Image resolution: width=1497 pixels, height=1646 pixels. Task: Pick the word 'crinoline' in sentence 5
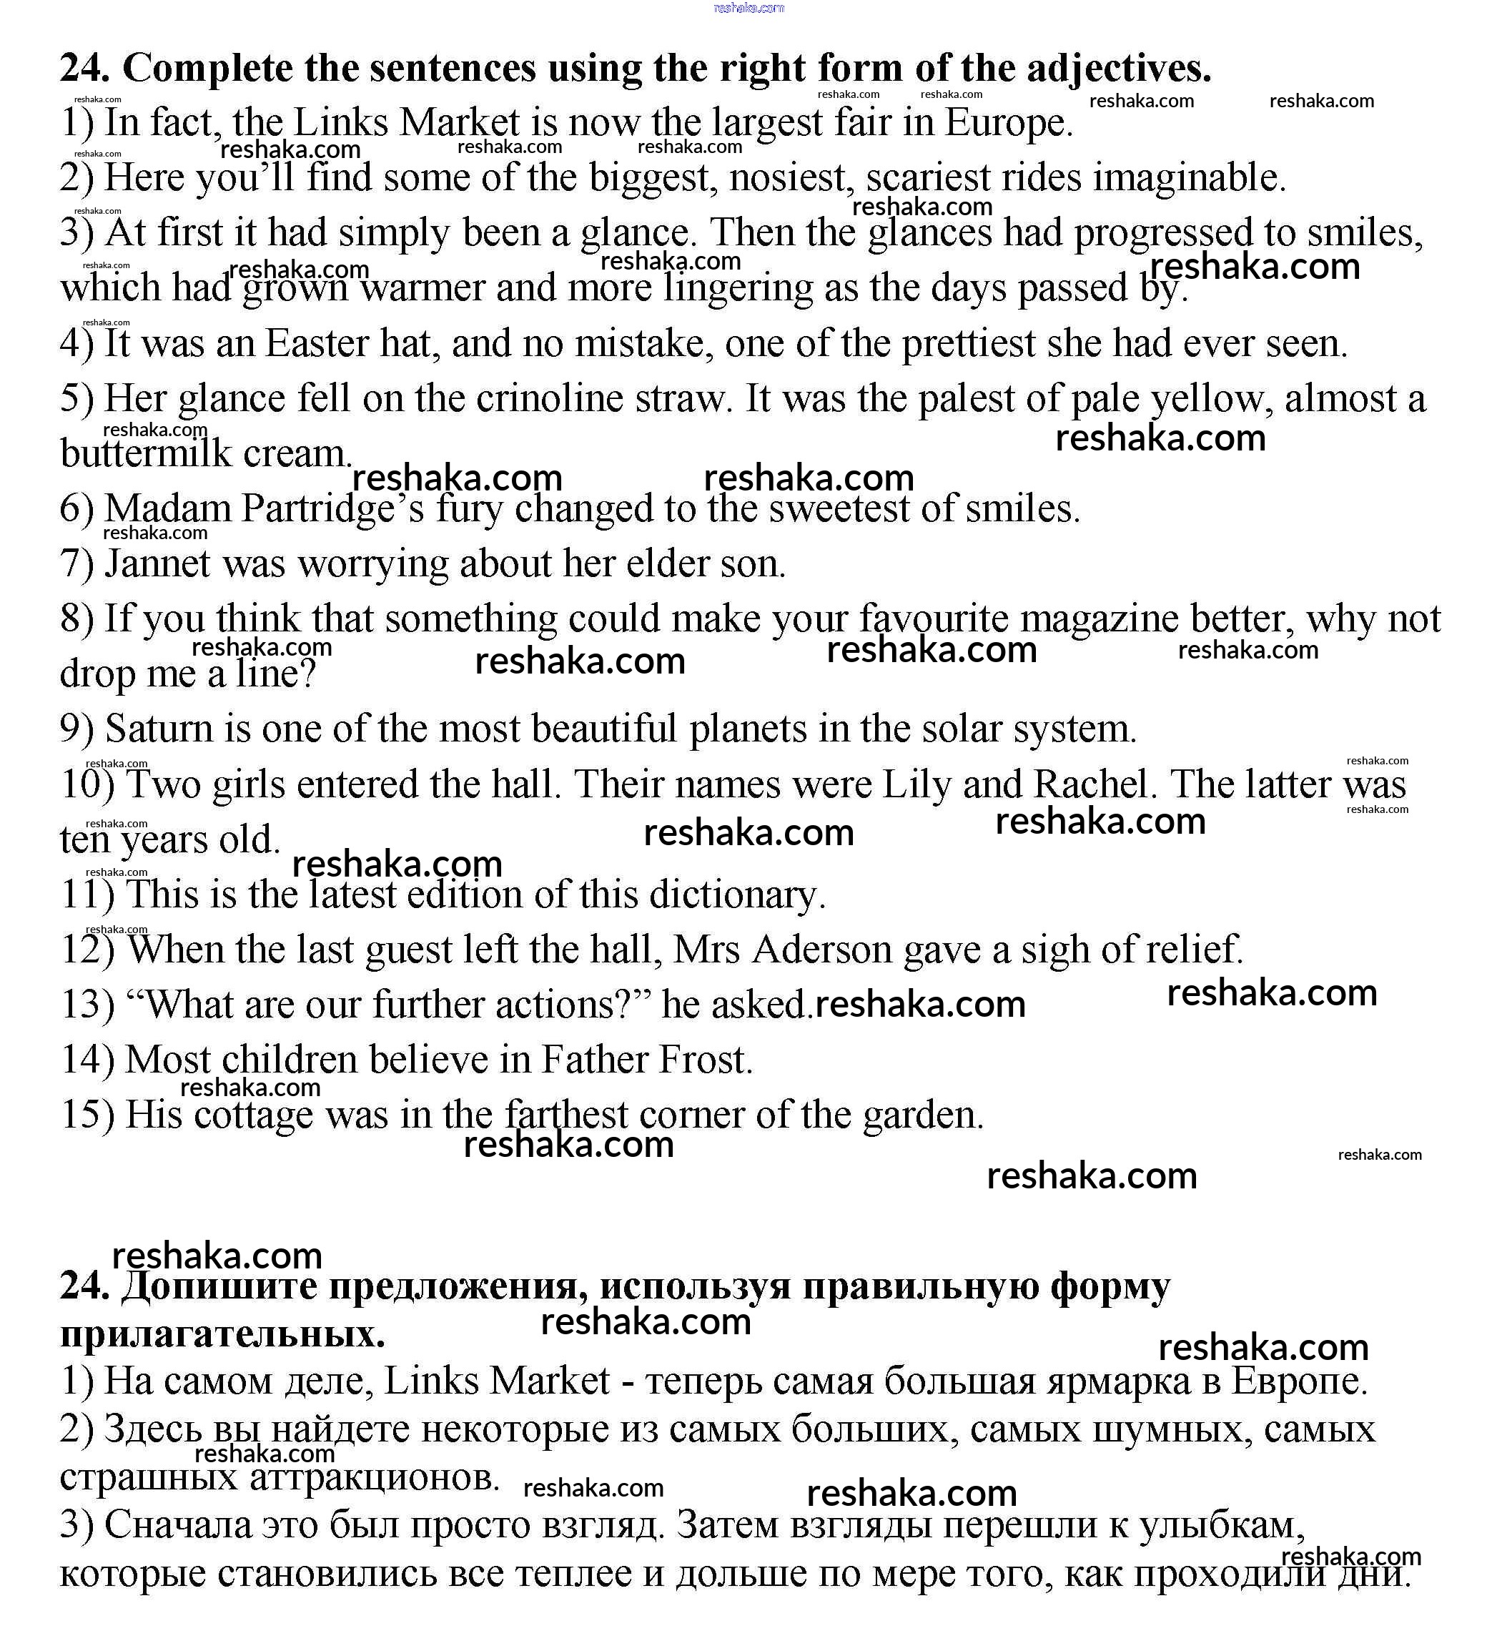548,398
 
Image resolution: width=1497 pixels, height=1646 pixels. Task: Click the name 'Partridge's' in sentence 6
333,508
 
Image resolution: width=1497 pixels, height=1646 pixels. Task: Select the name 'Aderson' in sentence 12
822,950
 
